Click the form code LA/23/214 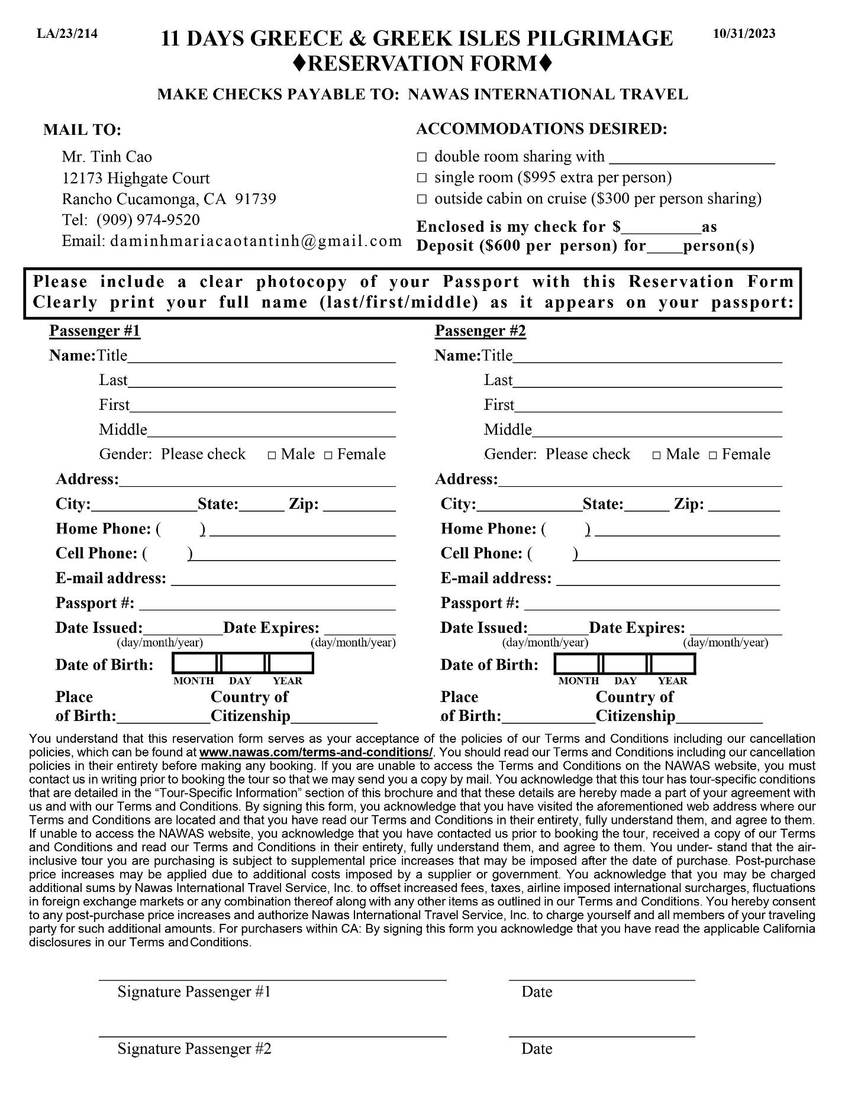pyautogui.click(x=67, y=33)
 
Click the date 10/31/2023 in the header pyautogui.click(x=744, y=33)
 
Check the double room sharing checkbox pyautogui.click(x=422, y=157)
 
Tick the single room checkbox pyautogui.click(x=422, y=178)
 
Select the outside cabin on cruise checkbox pyautogui.click(x=422, y=199)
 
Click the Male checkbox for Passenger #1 pyautogui.click(x=272, y=455)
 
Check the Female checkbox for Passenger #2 pyautogui.click(x=713, y=455)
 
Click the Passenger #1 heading pyautogui.click(x=95, y=331)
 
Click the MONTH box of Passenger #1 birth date pyautogui.click(x=195, y=664)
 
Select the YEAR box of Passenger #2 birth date pyautogui.click(x=673, y=664)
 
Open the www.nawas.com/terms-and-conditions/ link pyautogui.click(x=316, y=752)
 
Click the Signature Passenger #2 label pyautogui.click(x=194, y=1049)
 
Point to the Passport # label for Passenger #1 pyautogui.click(x=95, y=603)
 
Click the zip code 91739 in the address pyautogui.click(x=256, y=199)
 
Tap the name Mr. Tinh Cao pyautogui.click(x=107, y=157)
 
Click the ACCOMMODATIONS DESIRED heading pyautogui.click(x=541, y=129)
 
